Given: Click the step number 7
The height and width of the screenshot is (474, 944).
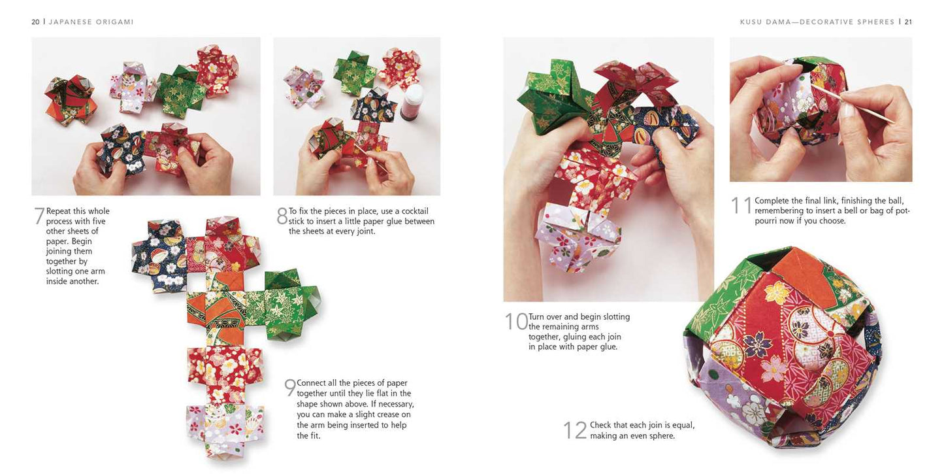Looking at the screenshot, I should click(x=39, y=216).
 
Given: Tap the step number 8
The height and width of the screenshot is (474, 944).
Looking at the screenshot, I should click(x=282, y=216).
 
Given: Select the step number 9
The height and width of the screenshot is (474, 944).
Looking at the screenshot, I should click(x=290, y=388).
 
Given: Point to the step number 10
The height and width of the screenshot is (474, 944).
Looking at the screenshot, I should click(x=515, y=322).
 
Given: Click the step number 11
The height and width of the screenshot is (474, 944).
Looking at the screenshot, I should click(x=741, y=205).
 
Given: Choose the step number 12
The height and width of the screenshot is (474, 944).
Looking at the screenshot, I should click(x=575, y=430).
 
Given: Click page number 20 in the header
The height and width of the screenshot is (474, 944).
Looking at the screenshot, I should click(x=35, y=22).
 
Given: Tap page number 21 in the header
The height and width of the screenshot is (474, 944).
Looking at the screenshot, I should click(x=908, y=22).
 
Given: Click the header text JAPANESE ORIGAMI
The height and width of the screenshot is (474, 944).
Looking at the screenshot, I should click(x=91, y=22).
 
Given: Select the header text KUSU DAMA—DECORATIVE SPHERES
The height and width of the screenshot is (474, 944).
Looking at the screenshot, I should click(x=817, y=22).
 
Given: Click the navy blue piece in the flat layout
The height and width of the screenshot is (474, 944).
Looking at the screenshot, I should click(x=157, y=255).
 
